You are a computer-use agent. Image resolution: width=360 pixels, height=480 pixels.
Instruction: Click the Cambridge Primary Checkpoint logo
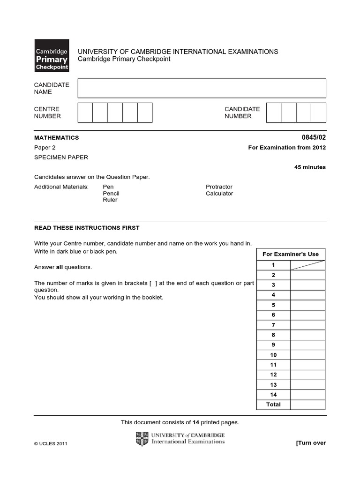pyautogui.click(x=52, y=55)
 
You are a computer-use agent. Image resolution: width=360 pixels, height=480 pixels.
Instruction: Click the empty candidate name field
pyautogui.click(x=202, y=88)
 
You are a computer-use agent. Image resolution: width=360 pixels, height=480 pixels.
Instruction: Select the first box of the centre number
pyautogui.click(x=85, y=112)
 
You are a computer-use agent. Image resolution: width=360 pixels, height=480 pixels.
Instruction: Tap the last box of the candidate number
pyautogui.click(x=318, y=112)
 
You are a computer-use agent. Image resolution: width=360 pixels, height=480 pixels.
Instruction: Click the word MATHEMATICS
pyautogui.click(x=56, y=138)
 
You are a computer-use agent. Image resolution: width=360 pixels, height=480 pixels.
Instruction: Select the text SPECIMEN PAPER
pyautogui.click(x=61, y=157)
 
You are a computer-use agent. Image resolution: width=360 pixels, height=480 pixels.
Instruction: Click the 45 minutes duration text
pyautogui.click(x=310, y=167)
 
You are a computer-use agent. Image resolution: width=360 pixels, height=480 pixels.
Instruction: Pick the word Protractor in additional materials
pyautogui.click(x=219, y=187)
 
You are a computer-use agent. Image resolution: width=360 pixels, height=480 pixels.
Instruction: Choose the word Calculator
pyautogui.click(x=219, y=194)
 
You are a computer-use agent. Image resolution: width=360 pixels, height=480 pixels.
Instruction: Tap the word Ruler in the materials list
pyautogui.click(x=110, y=200)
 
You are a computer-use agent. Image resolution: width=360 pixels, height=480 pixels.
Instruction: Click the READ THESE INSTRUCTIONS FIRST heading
pyautogui.click(x=87, y=228)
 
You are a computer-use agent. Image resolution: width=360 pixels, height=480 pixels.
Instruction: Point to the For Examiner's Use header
pyautogui.click(x=290, y=254)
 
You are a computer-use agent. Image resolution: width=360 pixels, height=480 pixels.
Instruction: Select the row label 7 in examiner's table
pyautogui.click(x=273, y=325)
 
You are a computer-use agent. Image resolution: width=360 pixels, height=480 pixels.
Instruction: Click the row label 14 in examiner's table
pyautogui.click(x=273, y=395)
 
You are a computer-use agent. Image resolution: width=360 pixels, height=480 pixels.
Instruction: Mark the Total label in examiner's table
pyautogui.click(x=273, y=405)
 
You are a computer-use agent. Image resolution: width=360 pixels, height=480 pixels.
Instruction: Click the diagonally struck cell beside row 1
pyautogui.click(x=307, y=265)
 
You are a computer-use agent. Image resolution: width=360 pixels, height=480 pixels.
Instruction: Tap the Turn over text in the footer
pyautogui.click(x=310, y=443)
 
